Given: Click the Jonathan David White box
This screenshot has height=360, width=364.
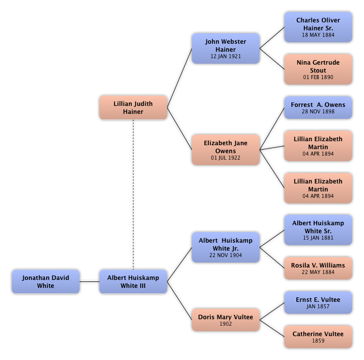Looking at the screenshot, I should pyautogui.click(x=45, y=281).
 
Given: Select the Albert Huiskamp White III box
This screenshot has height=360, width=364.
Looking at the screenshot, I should pyautogui.click(x=133, y=281).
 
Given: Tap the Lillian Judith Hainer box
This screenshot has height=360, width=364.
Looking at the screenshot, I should pyautogui.click(x=133, y=107).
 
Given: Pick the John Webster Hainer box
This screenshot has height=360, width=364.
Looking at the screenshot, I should pyautogui.click(x=226, y=49).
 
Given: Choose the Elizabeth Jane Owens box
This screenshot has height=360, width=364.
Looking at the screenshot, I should pyautogui.click(x=226, y=150).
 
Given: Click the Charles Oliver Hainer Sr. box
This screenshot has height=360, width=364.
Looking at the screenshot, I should pyautogui.click(x=318, y=27).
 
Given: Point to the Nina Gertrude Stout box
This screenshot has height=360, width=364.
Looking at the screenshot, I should pyautogui.click(x=318, y=70).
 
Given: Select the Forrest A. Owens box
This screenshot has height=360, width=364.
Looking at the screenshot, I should pyautogui.click(x=318, y=107).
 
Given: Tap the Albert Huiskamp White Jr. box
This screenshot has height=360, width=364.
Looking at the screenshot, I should pyautogui.click(x=226, y=247).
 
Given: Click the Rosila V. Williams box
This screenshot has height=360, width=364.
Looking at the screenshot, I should pyautogui.click(x=318, y=269).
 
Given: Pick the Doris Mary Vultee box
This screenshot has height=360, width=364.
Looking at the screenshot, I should pyautogui.click(x=226, y=320).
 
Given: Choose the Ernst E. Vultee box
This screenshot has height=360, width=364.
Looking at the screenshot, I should pyautogui.click(x=318, y=303).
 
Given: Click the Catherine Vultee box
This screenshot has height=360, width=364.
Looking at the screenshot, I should pyautogui.click(x=318, y=337).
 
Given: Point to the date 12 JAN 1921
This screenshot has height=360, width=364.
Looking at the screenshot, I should pyautogui.click(x=226, y=57).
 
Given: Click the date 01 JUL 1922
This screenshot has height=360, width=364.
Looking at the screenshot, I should pyautogui.click(x=226, y=158).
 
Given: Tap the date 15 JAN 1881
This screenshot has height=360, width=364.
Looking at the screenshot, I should pyautogui.click(x=318, y=238).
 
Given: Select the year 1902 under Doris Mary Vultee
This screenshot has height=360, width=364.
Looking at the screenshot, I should pyautogui.click(x=226, y=324).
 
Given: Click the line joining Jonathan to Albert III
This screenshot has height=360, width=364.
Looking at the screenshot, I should pyautogui.click(x=89, y=282).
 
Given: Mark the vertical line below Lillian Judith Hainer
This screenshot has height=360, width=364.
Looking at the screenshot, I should pyautogui.click(x=133, y=194).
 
